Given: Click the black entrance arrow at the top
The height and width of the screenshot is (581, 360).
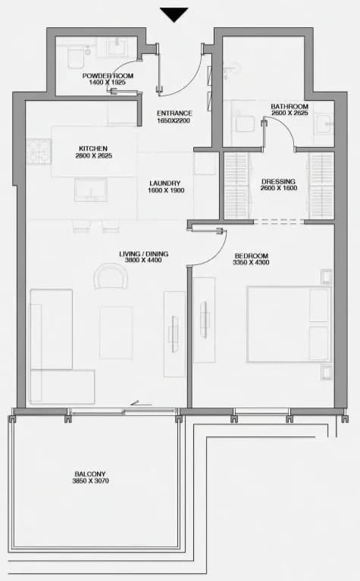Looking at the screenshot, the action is pyautogui.click(x=174, y=14).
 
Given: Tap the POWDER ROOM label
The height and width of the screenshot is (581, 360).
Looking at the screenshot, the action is pyautogui.click(x=108, y=76).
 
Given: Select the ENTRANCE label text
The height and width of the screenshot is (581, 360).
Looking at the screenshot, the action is pyautogui.click(x=174, y=114).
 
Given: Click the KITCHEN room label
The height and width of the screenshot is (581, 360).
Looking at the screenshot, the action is pyautogui.click(x=93, y=148).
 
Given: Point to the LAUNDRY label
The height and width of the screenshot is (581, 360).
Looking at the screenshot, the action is pyautogui.click(x=165, y=183).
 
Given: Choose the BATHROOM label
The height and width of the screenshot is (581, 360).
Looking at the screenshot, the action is pyautogui.click(x=290, y=107).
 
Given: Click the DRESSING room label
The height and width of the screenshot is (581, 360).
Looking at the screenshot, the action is pyautogui.click(x=278, y=182).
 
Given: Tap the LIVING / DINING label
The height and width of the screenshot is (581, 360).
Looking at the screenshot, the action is pyautogui.click(x=144, y=254).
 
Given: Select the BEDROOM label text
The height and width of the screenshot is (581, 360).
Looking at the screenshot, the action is pyautogui.click(x=252, y=256).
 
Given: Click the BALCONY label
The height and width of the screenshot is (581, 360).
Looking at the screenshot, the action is pyautogui.click(x=90, y=474).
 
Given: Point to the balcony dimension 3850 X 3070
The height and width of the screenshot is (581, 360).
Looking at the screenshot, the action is pyautogui.click(x=90, y=481).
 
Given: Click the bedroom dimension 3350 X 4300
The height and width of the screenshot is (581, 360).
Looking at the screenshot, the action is pyautogui.click(x=251, y=263).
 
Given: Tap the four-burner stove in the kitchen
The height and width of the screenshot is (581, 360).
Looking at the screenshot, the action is pyautogui.click(x=39, y=151).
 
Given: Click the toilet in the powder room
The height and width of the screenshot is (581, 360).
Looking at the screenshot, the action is pyautogui.click(x=75, y=58).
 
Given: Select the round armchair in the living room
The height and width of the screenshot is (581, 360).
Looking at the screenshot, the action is pyautogui.click(x=111, y=276).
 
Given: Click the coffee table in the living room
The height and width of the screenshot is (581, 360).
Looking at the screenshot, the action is pyautogui.click(x=116, y=333).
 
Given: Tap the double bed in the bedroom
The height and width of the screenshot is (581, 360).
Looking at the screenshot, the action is pyautogui.click(x=289, y=324).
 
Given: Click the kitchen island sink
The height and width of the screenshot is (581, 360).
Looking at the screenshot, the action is pyautogui.click(x=91, y=189).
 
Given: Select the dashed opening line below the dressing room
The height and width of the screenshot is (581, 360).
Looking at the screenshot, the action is pyautogui.click(x=279, y=222).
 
